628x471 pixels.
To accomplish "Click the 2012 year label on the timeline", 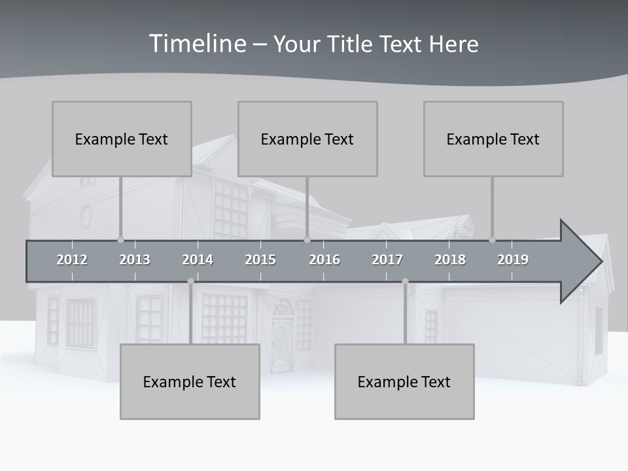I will click(x=72, y=260).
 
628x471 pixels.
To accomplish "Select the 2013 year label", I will click(x=135, y=260).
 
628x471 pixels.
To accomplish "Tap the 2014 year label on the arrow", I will click(x=198, y=260).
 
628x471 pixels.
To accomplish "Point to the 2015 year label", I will click(x=260, y=260).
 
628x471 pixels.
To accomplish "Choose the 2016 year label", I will click(x=324, y=260).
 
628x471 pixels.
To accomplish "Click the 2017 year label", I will click(x=387, y=260).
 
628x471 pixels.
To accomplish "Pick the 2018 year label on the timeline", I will click(x=450, y=260).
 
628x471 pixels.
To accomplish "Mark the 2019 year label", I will click(x=513, y=260).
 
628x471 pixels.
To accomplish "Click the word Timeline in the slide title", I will click(x=196, y=44).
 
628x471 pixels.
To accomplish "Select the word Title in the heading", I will click(x=351, y=44).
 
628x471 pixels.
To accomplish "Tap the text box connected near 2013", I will click(x=122, y=139).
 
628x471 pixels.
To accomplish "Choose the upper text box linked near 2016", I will click(x=307, y=139).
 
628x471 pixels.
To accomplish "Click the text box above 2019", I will click(x=493, y=139).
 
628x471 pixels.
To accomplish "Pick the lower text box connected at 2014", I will click(x=190, y=381).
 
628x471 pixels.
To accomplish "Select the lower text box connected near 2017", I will click(x=404, y=381).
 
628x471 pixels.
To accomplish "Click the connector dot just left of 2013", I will click(x=120, y=240).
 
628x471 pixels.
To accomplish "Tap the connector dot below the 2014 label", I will click(x=190, y=281).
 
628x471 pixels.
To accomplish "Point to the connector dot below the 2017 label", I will click(x=405, y=281).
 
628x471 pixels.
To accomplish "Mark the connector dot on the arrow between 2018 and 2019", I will click(x=492, y=240).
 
